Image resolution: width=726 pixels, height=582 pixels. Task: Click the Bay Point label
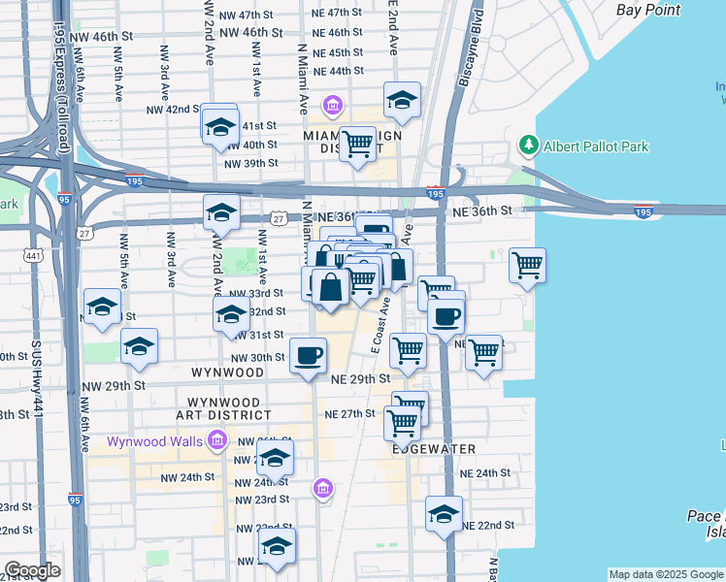click(x=649, y=10)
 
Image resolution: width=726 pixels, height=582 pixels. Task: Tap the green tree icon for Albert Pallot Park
click(x=529, y=145)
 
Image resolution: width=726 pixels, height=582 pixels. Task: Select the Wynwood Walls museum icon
click(x=216, y=441)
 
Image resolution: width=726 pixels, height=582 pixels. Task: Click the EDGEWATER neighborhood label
click(x=434, y=449)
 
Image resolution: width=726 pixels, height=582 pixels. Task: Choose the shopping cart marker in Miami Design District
click(x=358, y=144)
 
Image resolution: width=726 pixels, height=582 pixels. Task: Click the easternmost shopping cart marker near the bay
click(x=527, y=265)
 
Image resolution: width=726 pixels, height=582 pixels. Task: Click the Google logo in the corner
click(x=32, y=570)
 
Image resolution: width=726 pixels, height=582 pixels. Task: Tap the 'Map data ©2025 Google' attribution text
click(x=665, y=574)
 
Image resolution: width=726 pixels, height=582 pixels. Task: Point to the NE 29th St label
click(x=360, y=378)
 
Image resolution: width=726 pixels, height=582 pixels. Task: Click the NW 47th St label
click(x=248, y=16)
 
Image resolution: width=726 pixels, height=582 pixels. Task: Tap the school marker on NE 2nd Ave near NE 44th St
click(x=402, y=99)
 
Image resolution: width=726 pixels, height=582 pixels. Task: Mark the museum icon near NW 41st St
click(x=332, y=105)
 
